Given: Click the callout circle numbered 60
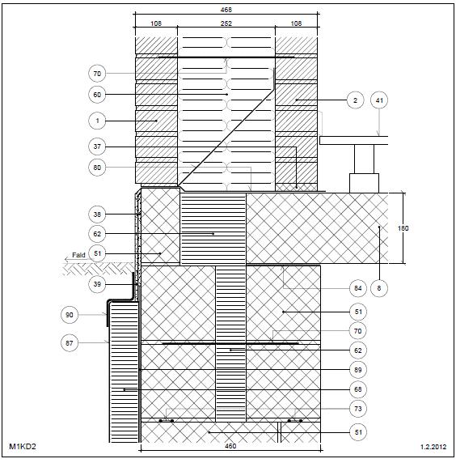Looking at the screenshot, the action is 97,95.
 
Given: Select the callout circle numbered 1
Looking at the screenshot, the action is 97,121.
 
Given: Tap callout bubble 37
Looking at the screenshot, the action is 97,147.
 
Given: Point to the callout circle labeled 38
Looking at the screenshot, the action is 97,215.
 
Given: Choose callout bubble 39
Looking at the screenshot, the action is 97,284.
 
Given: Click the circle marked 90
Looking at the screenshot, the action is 70,315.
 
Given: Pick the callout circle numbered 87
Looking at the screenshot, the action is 70,343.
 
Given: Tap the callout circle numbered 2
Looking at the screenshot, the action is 355,100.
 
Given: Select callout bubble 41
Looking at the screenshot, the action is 379,100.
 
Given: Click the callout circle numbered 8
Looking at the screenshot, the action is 379,288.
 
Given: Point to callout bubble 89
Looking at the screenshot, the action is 358,370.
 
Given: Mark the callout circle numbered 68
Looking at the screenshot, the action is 358,389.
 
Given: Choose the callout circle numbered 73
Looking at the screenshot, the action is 358,409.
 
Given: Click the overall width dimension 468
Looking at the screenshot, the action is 226,10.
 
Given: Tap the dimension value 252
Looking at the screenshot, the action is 226,23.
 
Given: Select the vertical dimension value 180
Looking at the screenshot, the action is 403,228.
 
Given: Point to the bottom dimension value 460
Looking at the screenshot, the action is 230,446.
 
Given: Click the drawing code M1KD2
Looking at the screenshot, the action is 23,447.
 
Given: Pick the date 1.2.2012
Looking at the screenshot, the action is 433,447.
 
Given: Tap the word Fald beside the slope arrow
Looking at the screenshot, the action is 78,255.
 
